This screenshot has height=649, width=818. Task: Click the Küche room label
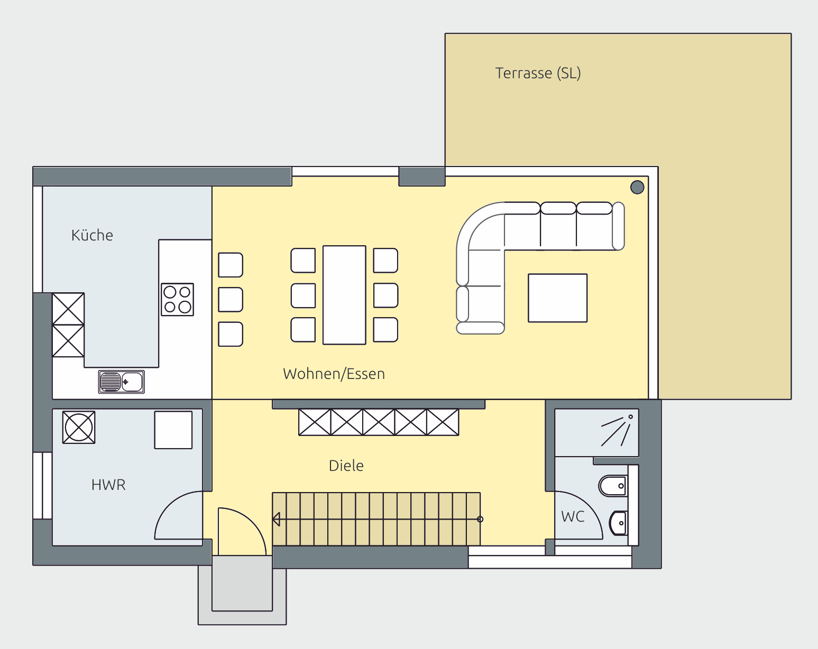(92, 235)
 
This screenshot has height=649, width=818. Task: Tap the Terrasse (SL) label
(538, 73)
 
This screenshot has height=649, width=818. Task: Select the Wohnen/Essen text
(334, 374)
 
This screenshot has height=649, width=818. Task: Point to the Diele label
(346, 466)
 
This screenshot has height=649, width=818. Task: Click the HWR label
(108, 485)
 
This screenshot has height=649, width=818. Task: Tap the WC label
(573, 517)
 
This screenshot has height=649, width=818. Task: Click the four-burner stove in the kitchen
(177, 299)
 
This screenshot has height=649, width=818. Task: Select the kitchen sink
(121, 382)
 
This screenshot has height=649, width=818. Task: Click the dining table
(344, 295)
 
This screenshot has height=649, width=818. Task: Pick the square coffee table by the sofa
(558, 298)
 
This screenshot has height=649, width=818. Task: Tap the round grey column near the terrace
(637, 187)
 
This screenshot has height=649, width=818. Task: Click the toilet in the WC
(613, 486)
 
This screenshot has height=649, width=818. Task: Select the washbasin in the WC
(618, 523)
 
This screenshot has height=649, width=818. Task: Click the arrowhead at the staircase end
(277, 519)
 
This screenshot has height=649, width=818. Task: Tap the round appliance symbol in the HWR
(79, 427)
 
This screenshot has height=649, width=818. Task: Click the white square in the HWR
(173, 430)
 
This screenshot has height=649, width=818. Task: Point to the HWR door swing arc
(168, 505)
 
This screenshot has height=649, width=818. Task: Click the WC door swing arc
(589, 505)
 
